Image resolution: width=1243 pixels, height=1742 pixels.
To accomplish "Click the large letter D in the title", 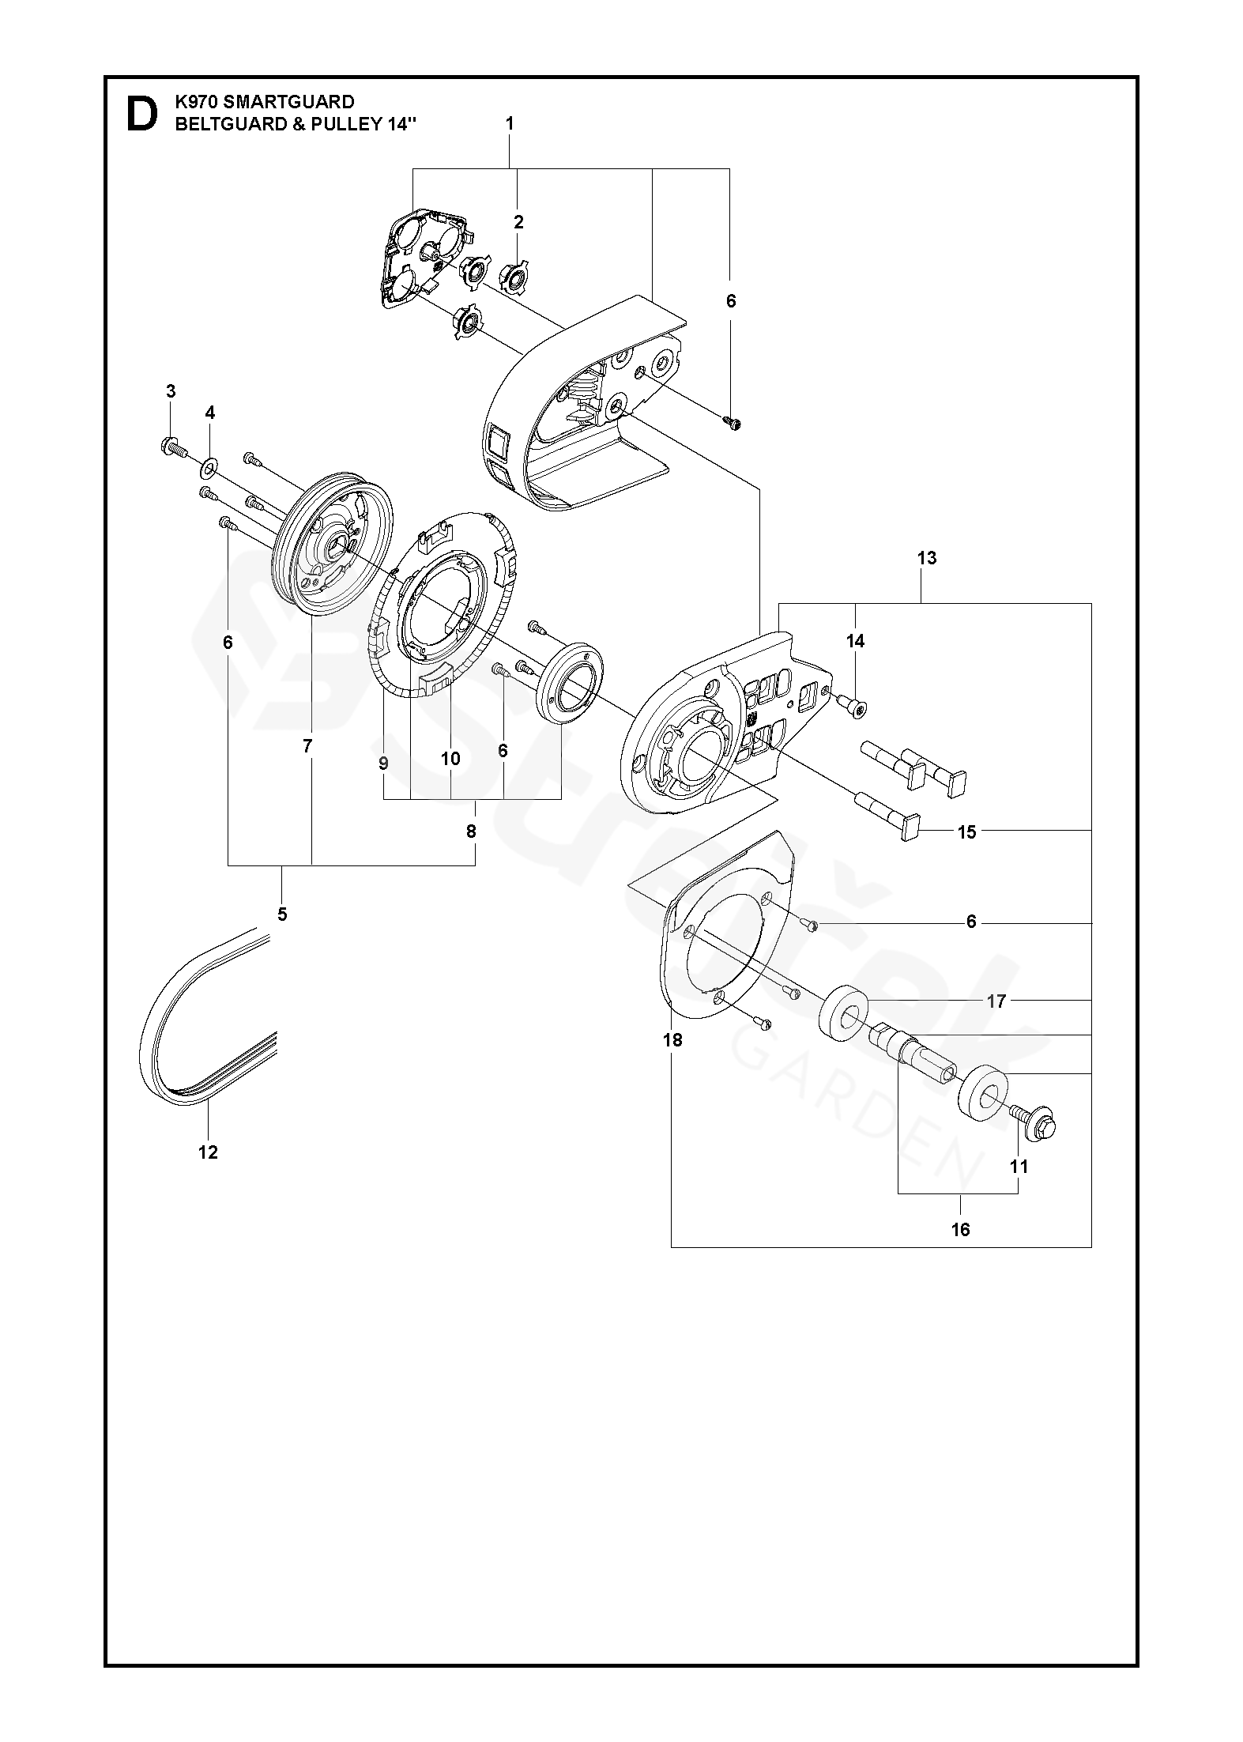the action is [141, 115].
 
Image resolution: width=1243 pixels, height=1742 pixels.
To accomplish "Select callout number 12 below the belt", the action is [208, 1152].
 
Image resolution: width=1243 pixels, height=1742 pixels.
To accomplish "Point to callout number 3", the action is [171, 391].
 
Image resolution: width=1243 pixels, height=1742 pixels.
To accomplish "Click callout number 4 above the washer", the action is [209, 413].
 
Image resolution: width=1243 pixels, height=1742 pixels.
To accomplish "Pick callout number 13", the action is [927, 558].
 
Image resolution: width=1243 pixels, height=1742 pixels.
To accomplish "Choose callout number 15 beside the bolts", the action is [967, 832].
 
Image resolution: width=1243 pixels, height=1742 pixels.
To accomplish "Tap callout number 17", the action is [996, 1001].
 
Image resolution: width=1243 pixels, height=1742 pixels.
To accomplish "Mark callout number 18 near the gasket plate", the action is [672, 1040].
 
